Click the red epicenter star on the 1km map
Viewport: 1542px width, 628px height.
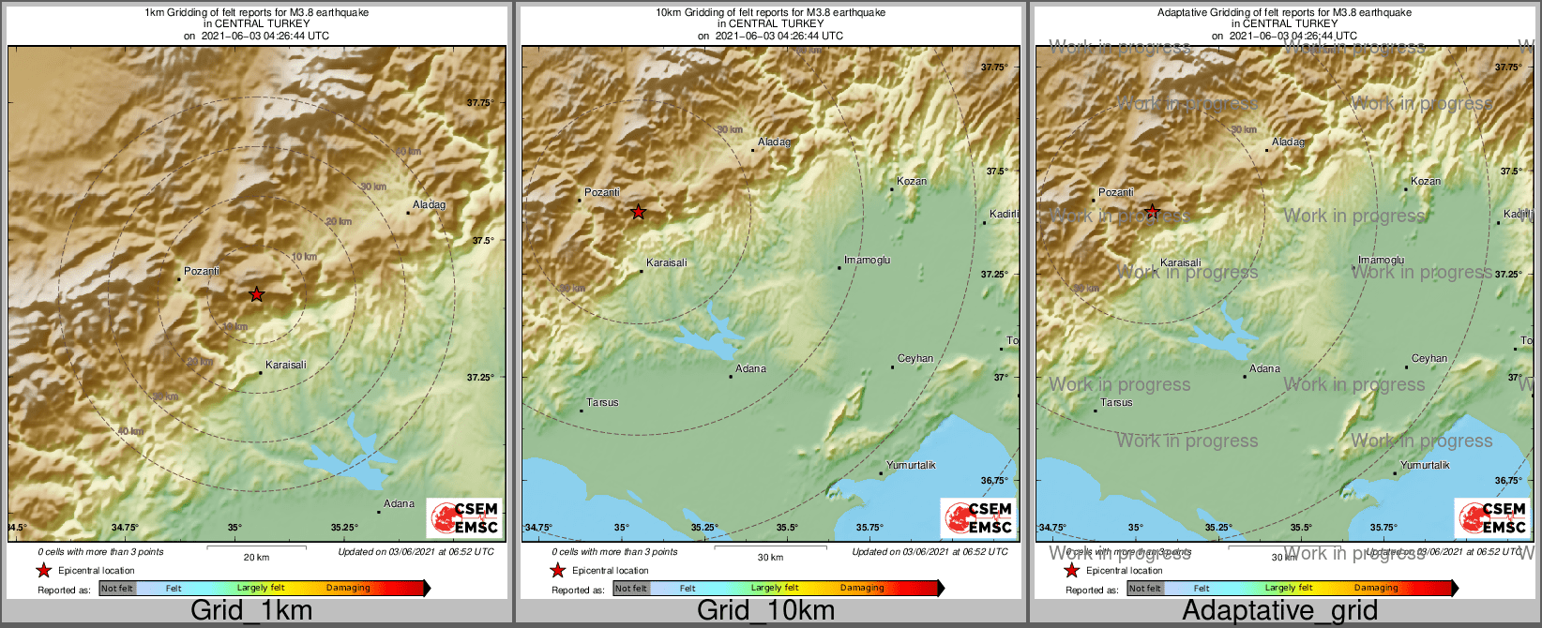pyautogui.click(x=256, y=294)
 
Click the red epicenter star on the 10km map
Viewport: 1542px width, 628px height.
pyautogui.click(x=638, y=212)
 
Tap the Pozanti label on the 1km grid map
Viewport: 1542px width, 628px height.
pyautogui.click(x=202, y=271)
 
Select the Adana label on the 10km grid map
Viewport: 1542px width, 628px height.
pyautogui.click(x=750, y=368)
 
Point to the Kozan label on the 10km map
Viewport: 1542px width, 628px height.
pyautogui.click(x=911, y=181)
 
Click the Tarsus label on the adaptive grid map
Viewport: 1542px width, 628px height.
pyautogui.click(x=1116, y=402)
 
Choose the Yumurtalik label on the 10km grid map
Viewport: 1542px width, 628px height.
pyautogui.click(x=911, y=465)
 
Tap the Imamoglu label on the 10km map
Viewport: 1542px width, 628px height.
pyautogui.click(x=867, y=260)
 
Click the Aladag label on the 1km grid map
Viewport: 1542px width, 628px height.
pyautogui.click(x=429, y=204)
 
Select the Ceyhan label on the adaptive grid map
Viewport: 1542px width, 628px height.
pyautogui.click(x=1429, y=358)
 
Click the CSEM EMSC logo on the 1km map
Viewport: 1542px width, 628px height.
pyautogui.click(x=463, y=517)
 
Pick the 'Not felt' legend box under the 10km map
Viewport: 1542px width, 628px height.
pyautogui.click(x=631, y=589)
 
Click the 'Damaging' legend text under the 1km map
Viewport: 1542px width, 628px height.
pyautogui.click(x=348, y=588)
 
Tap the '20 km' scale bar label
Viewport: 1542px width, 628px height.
pyautogui.click(x=256, y=558)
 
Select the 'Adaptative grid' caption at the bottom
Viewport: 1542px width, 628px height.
pyautogui.click(x=1279, y=610)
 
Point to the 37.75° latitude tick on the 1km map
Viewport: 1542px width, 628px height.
pyautogui.click(x=480, y=103)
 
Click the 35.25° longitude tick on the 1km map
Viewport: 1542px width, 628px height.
pyautogui.click(x=344, y=528)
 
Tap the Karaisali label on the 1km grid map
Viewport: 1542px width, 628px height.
pyautogui.click(x=285, y=365)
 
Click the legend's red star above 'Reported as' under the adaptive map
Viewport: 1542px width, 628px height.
pyautogui.click(x=1071, y=570)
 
